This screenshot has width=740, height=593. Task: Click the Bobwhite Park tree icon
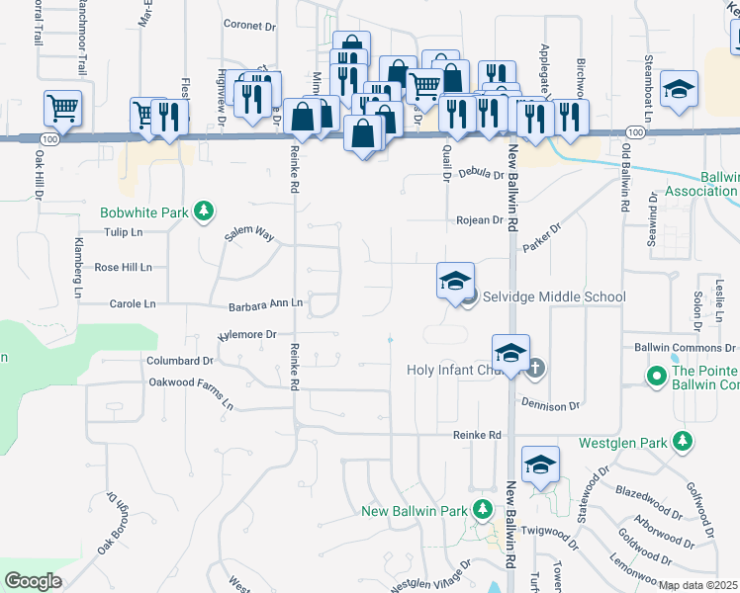203,212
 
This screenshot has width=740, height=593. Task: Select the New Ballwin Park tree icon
481,511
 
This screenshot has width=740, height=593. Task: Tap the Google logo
33,581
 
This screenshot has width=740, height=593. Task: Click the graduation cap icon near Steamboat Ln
679,88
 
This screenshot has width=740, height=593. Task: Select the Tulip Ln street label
124,232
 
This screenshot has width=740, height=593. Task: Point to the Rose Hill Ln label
123,267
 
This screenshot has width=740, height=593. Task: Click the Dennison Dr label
549,406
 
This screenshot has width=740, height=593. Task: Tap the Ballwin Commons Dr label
686,348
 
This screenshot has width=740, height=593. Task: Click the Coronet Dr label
249,25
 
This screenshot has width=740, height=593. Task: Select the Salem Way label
249,232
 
